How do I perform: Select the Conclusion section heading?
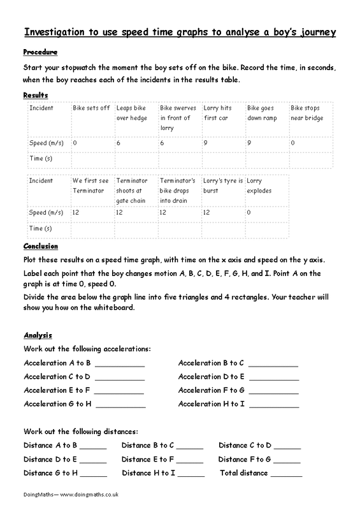click(x=40, y=246)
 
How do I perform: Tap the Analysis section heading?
click(x=38, y=335)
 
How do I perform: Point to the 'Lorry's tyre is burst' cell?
click(x=222, y=186)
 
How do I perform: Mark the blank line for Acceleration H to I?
click(x=273, y=405)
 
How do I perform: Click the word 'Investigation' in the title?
click(x=54, y=31)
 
